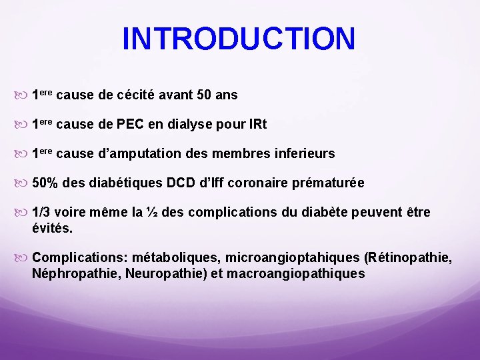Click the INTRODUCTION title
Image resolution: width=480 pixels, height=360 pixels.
[239, 39]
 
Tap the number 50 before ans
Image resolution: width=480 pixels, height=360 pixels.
[205, 95]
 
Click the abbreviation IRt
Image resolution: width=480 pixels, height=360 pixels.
[255, 125]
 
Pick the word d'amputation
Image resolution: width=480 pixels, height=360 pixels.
[138, 154]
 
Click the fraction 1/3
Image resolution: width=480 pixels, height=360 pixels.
[41, 213]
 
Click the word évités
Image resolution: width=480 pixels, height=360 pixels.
[52, 227]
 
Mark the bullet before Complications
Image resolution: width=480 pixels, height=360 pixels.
[23, 257]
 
